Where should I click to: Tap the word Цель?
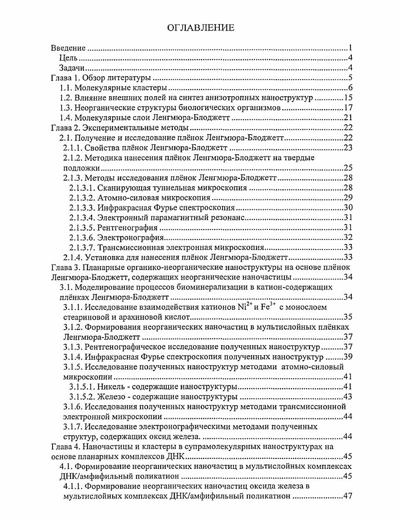tap(68, 59)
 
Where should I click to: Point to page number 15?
tap(349, 98)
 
